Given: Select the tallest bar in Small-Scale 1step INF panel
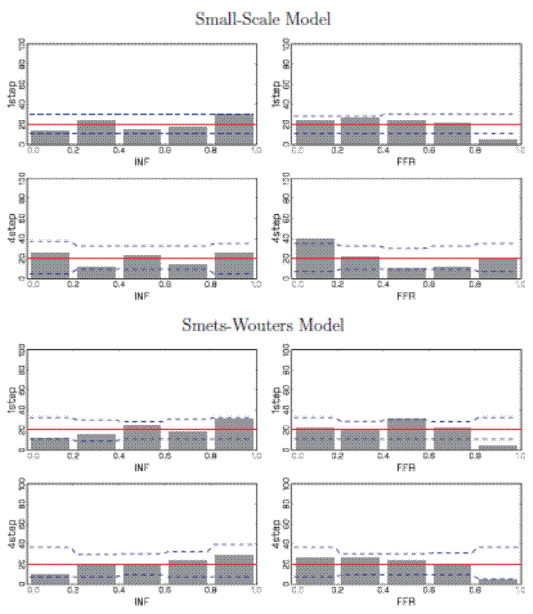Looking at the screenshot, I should click(234, 130).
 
